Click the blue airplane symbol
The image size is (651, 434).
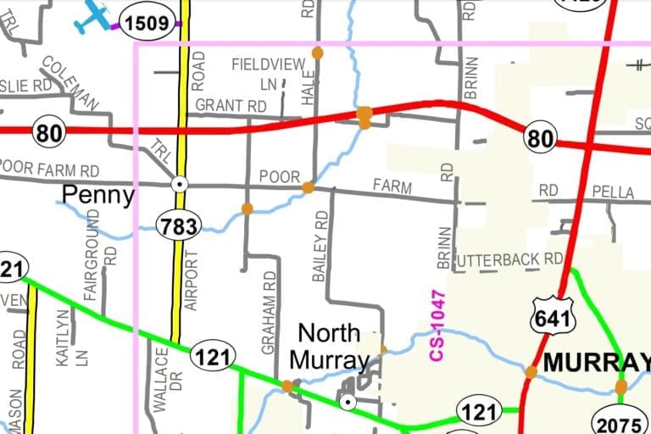click(92, 17)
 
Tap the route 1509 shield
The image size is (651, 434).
click(147, 24)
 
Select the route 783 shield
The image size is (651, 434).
click(178, 225)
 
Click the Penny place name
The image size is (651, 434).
click(98, 196)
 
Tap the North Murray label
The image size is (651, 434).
click(329, 346)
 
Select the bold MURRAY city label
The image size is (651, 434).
click(593, 362)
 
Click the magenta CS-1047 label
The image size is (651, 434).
click(437, 325)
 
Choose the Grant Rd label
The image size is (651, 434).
click(231, 106)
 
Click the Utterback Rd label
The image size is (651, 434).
click(509, 259)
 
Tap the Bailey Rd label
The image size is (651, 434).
click(320, 247)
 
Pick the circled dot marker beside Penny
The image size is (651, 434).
click(179, 183)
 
